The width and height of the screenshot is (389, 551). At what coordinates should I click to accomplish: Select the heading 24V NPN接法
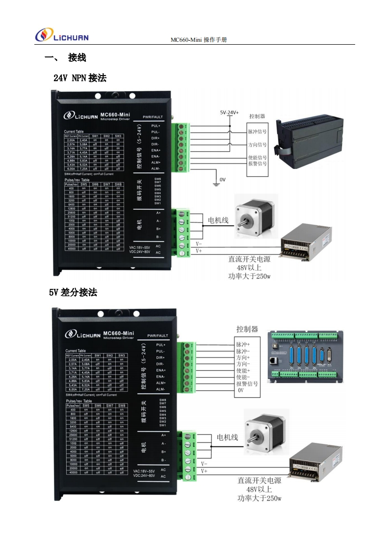[79, 78]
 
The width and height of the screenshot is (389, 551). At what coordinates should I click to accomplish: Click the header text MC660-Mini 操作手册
[199, 39]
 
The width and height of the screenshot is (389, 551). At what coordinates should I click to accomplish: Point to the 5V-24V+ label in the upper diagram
[229, 112]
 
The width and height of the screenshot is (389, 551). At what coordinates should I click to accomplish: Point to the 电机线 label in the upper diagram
[218, 220]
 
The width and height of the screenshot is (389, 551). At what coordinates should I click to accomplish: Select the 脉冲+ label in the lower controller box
[243, 344]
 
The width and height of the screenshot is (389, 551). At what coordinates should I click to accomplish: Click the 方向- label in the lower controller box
[243, 364]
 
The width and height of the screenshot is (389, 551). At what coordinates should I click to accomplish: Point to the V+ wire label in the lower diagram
[204, 470]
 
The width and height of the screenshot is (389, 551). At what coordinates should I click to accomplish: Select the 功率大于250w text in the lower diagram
[259, 498]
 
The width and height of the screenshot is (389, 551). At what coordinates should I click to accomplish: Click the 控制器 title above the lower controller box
[247, 329]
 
